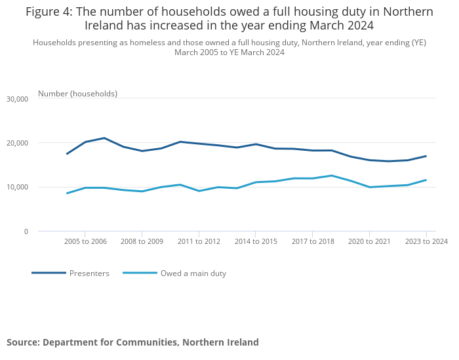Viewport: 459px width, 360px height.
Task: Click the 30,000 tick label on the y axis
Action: pos(16,99)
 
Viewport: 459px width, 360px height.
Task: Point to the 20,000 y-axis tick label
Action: pos(16,143)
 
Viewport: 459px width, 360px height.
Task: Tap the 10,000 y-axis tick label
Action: pos(16,188)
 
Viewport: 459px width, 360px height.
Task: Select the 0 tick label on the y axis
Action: pos(26,231)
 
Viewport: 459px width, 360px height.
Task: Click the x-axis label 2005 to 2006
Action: pos(85,242)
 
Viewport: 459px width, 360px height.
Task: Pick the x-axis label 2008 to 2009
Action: pos(142,242)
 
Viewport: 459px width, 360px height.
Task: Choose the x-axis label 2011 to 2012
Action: pos(199,242)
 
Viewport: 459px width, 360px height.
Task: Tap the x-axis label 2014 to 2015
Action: pos(256,242)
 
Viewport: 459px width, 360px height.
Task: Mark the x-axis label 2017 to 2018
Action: pos(313,242)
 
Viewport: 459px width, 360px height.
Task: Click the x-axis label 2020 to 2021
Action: pos(369,242)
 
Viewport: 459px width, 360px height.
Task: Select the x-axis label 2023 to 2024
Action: pos(426,242)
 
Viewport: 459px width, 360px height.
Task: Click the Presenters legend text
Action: pos(89,273)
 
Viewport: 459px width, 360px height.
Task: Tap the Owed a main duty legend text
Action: pos(193,273)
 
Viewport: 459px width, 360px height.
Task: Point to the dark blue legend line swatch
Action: pos(49,273)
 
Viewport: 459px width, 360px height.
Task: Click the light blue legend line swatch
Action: pos(140,273)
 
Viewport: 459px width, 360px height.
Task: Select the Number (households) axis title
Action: pos(77,94)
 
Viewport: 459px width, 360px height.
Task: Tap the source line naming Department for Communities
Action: pos(132,342)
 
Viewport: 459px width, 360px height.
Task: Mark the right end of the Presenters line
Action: pos(426,156)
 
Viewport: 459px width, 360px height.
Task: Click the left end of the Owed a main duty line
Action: pos(67,193)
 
